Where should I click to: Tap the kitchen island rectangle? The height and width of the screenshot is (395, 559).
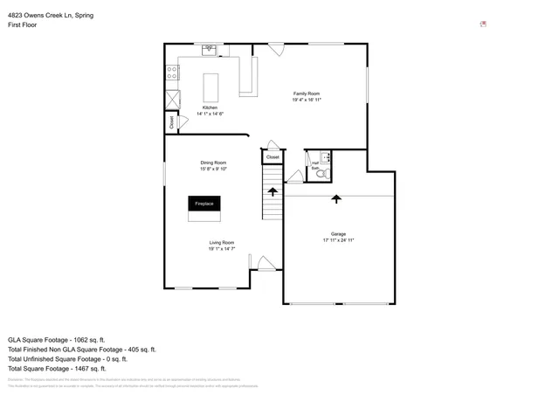210,87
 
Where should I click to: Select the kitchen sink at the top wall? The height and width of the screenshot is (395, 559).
210,51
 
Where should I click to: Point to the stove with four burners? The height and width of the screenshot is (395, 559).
172,73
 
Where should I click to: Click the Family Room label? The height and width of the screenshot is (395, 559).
306,94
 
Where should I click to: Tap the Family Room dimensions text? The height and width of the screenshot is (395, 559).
307,100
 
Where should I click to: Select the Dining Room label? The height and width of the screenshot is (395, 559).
213,163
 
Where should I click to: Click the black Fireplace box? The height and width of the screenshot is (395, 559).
204,204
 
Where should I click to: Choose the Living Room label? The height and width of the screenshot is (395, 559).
221,242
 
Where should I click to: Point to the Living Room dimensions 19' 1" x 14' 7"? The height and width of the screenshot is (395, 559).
221,249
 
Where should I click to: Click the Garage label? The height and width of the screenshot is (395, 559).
338,233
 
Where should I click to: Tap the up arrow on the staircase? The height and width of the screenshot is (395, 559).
273,191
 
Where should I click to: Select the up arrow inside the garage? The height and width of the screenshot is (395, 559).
336,199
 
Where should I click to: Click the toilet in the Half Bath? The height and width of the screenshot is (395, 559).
321,173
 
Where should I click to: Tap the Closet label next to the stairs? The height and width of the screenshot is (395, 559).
273,157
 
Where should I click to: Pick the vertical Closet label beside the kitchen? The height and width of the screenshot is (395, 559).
171,123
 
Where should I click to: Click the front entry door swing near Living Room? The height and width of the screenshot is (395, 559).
265,262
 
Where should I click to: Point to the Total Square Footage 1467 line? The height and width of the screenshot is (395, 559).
57,369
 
